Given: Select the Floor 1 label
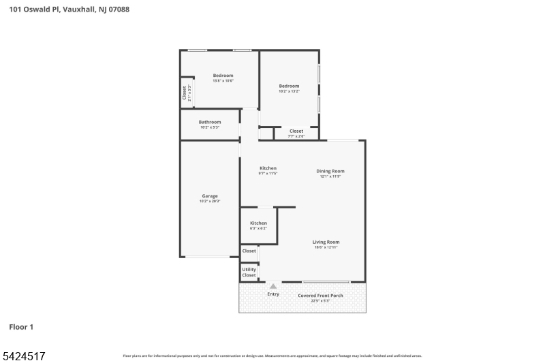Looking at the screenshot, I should pos(21,327).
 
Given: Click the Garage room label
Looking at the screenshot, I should pos(209,196).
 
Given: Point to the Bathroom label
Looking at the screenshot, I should pos(209,122).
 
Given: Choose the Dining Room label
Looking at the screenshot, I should pos(330,171).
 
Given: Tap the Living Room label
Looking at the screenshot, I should pos(326,242).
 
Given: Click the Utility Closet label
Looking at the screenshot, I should pos(249,272).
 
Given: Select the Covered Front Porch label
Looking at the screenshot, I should pos(320,296).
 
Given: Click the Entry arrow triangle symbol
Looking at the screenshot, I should pos(273,287).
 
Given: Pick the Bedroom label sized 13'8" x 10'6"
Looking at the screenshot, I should pos(223,76).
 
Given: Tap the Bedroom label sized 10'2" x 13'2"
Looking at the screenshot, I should pos(289,86).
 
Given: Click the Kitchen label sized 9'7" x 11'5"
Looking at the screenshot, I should pos(268,168).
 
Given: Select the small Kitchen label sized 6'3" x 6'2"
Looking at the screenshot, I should pos(258,223).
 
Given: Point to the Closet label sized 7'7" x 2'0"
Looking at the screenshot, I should pos(296,131).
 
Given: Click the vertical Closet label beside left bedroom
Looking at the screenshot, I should pos(184,93).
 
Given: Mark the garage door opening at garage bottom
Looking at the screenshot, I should pos(209,257).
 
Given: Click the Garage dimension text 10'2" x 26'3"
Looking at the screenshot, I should pos(209,202).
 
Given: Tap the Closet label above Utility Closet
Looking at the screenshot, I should pos(249,251).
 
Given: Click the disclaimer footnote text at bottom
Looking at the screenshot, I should pos(272,356).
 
